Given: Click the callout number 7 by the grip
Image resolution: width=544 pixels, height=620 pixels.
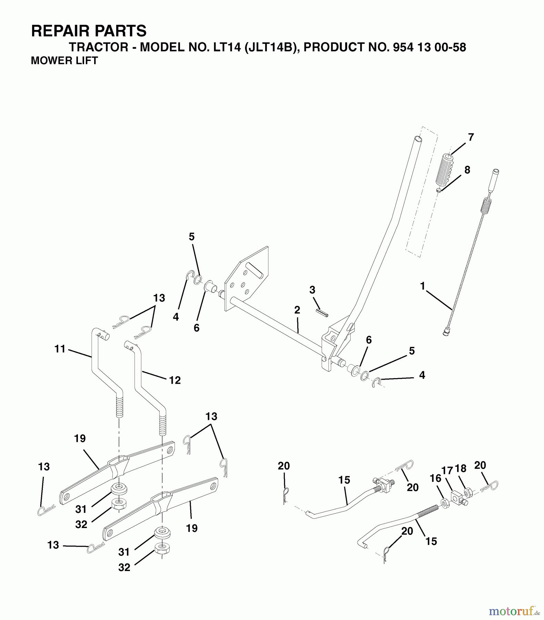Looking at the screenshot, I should pos(471,137).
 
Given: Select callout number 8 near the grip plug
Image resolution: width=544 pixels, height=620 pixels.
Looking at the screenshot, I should pos(467,170).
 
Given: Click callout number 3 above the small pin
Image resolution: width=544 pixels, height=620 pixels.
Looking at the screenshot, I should pos(312,290).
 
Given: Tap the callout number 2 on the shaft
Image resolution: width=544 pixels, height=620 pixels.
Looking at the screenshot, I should pos(297,310).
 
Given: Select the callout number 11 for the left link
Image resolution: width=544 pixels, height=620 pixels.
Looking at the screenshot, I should pos(60,349).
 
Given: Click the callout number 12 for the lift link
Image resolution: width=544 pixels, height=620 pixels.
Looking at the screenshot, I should pos(175,380).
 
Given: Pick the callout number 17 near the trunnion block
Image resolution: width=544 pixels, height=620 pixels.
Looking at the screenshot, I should pos(447,469).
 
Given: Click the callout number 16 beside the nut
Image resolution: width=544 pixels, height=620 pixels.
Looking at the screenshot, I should pos(435,478).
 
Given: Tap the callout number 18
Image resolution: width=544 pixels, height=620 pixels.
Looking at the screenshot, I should pos(461,468).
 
